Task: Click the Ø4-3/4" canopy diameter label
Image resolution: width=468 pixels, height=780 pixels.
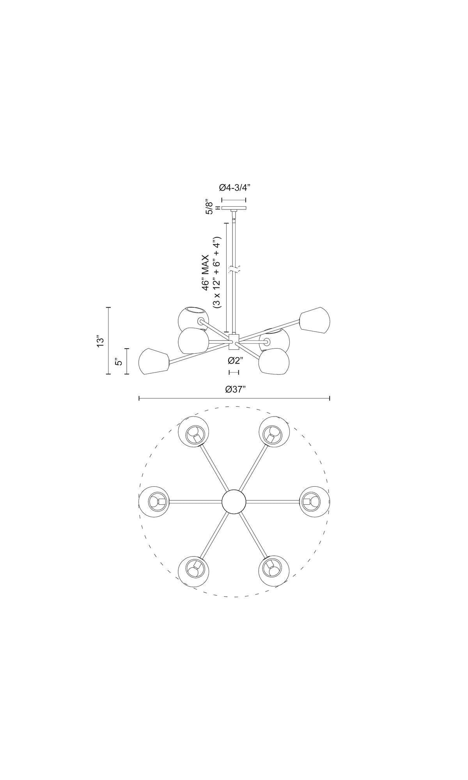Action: [234, 188]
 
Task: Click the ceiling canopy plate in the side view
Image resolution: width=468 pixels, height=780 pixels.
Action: [234, 208]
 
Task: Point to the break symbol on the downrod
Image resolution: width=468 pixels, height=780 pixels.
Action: [234, 269]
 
